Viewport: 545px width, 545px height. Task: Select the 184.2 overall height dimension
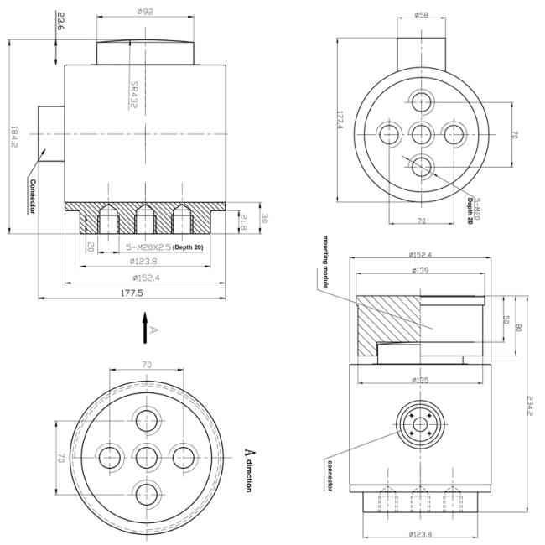coord(13,138)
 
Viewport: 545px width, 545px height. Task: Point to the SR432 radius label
coord(133,94)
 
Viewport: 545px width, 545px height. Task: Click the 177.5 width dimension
coord(132,293)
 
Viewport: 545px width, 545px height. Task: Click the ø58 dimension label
coord(423,14)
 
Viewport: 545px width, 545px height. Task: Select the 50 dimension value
coord(506,319)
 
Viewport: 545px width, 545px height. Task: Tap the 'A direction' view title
coord(249,469)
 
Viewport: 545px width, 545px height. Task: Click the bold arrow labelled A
coord(145,327)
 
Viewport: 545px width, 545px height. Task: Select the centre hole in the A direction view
coord(147,457)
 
